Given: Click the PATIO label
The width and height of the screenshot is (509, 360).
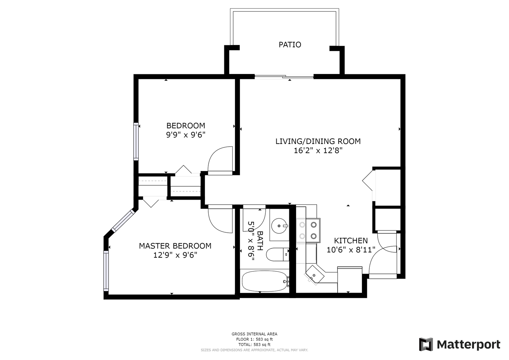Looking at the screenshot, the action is click(290, 45).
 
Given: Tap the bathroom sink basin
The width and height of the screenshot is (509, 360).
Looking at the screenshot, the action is click(279, 226).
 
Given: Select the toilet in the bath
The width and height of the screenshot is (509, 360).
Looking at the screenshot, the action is click(277, 254).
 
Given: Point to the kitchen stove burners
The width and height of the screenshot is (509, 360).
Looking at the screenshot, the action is click(308, 231).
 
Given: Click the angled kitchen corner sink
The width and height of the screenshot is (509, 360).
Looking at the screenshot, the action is click(314, 275).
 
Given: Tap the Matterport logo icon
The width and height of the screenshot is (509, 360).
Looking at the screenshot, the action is click(426, 344).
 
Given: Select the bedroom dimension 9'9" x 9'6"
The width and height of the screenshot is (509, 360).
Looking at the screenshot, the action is click(186, 135).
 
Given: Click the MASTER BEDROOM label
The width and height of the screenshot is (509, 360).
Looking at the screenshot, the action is click(175, 246).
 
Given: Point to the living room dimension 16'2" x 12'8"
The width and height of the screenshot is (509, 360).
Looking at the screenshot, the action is click(318, 151).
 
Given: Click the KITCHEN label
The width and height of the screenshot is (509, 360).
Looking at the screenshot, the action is click(351, 240).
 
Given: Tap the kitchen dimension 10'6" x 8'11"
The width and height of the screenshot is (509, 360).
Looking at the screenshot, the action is click(351, 250).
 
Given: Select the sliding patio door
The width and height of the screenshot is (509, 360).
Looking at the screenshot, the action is click(284, 77).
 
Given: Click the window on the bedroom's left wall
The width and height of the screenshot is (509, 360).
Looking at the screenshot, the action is click(136, 141).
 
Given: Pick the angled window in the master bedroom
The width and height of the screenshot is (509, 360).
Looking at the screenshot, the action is click(123, 221).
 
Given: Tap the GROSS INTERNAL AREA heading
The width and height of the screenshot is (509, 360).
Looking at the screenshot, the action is click(255, 334).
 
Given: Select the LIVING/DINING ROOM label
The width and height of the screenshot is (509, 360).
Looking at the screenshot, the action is click(318, 141).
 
